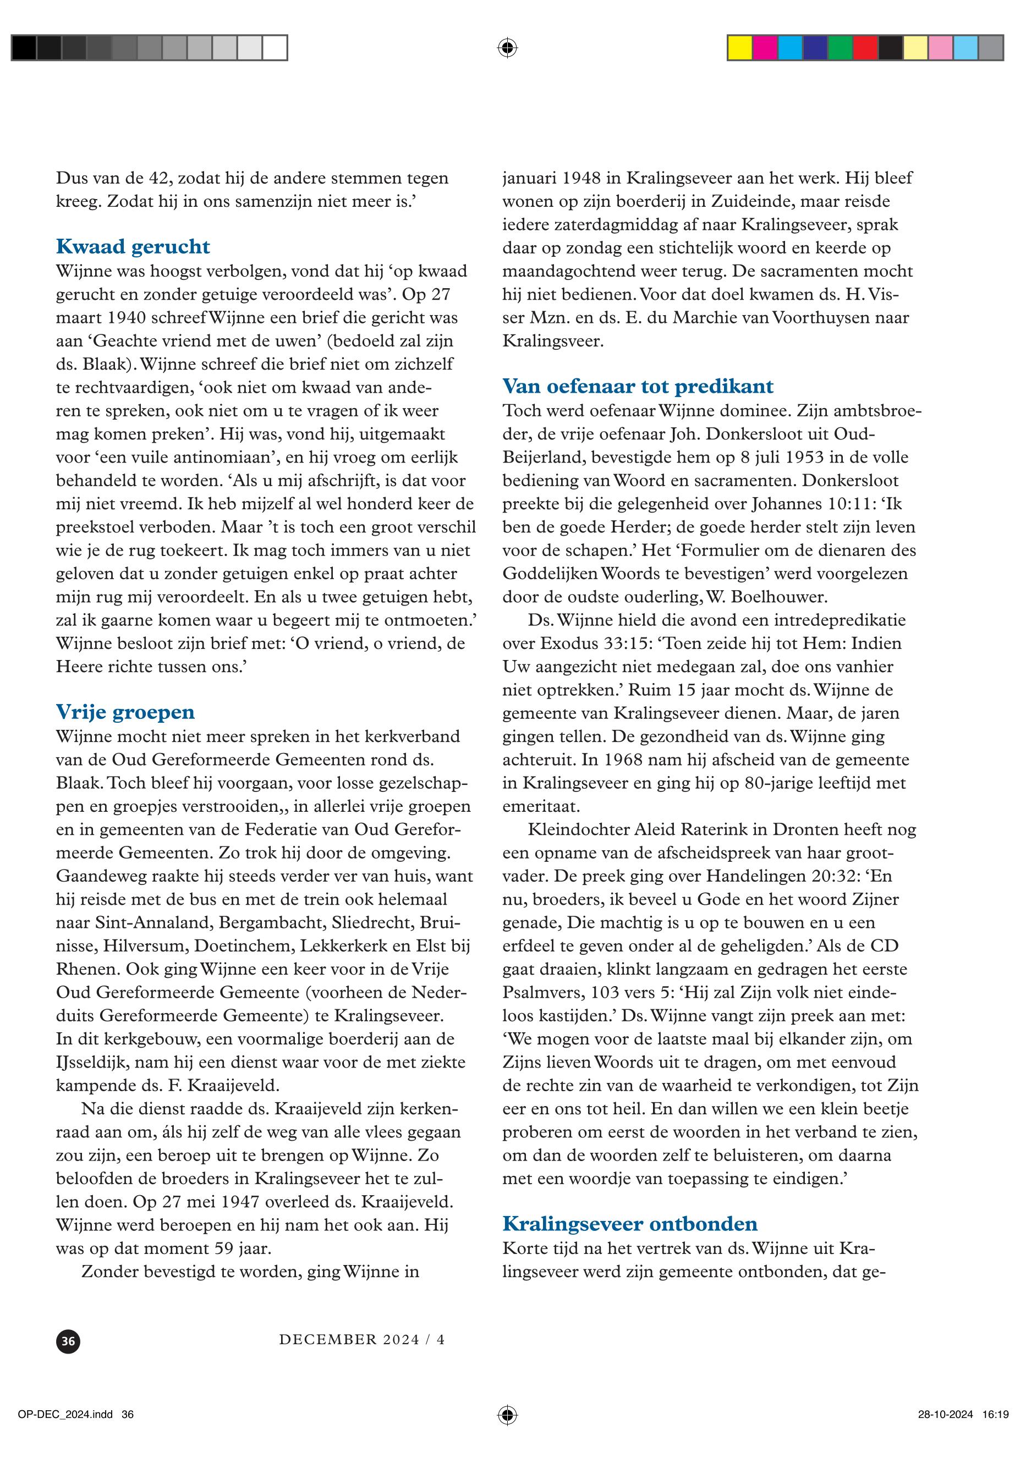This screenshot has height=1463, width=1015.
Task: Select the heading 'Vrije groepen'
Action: click(125, 712)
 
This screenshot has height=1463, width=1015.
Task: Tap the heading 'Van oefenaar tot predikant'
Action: click(638, 386)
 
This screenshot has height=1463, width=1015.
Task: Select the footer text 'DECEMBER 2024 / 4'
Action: click(362, 1340)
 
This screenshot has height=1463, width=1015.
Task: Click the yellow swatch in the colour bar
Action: click(739, 48)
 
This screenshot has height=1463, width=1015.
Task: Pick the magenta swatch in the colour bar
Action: click(765, 48)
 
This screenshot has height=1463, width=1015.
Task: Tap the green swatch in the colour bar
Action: click(840, 48)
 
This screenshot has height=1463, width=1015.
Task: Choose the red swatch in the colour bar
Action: click(864, 48)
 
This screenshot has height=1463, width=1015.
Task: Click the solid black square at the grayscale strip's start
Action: click(24, 48)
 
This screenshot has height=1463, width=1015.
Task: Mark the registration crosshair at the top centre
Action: click(507, 48)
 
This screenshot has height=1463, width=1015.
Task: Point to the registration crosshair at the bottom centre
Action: click(507, 1415)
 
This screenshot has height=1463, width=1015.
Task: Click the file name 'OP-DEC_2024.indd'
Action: click(65, 1415)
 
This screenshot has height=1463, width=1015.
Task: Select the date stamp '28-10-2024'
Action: click(945, 1415)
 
